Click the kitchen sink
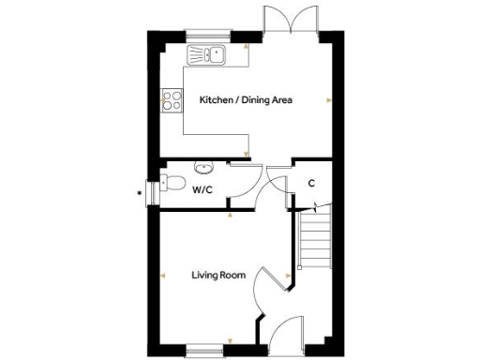coord(206,54)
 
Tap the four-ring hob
coord(172,98)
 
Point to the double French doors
coord(285,21)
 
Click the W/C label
coord(202,190)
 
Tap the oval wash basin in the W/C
coord(203,168)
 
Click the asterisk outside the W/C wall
coord(140,194)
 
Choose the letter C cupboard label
coord(310,183)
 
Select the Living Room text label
coord(218,276)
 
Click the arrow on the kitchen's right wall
coord(327,99)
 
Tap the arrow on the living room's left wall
coord(164,275)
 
